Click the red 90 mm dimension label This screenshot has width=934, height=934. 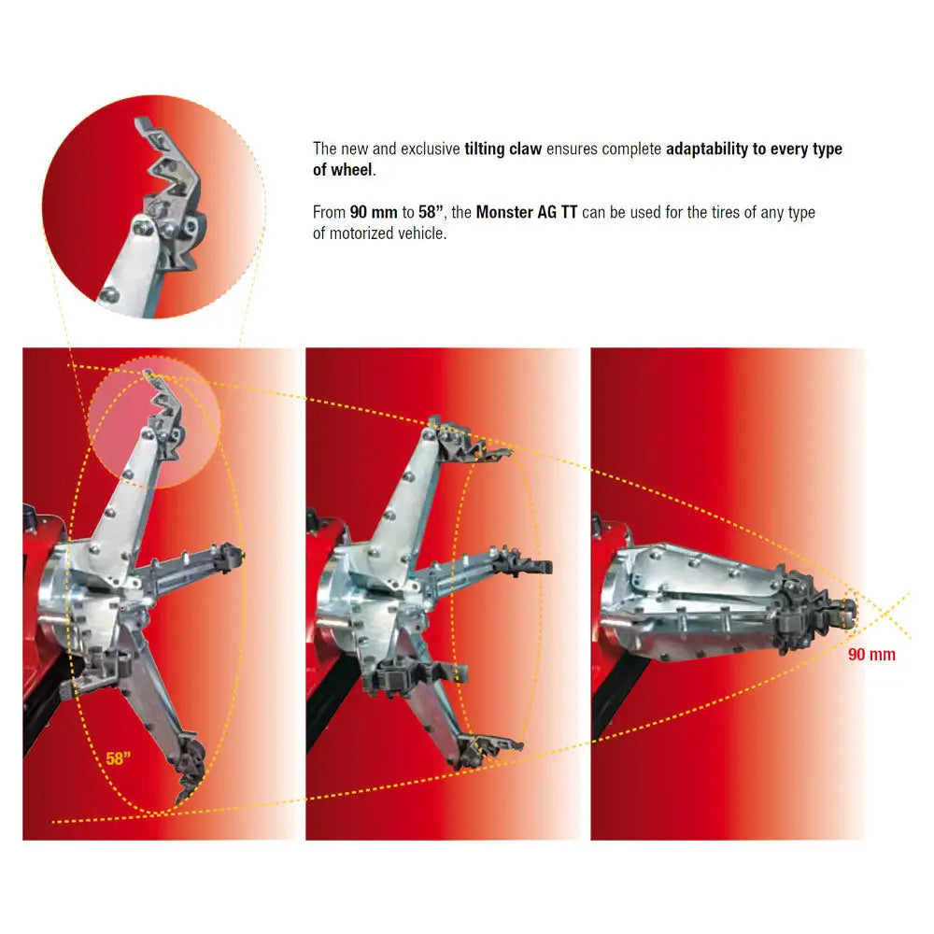tap(871, 654)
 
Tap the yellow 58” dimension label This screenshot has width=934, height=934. tap(118, 758)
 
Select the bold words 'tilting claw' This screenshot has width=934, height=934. tap(502, 149)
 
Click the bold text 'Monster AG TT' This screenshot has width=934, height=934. tap(527, 212)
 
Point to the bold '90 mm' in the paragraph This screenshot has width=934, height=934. tap(374, 212)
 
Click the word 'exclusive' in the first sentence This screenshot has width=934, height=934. tap(430, 149)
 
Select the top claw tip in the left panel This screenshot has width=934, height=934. tap(148, 374)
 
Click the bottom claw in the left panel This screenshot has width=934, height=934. tap(190, 769)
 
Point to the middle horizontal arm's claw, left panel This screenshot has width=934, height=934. tap(230, 555)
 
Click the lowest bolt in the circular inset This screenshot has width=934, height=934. tap(109, 294)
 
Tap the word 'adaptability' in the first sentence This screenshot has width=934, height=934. tap(706, 149)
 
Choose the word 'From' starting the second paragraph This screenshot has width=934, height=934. tap(330, 212)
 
